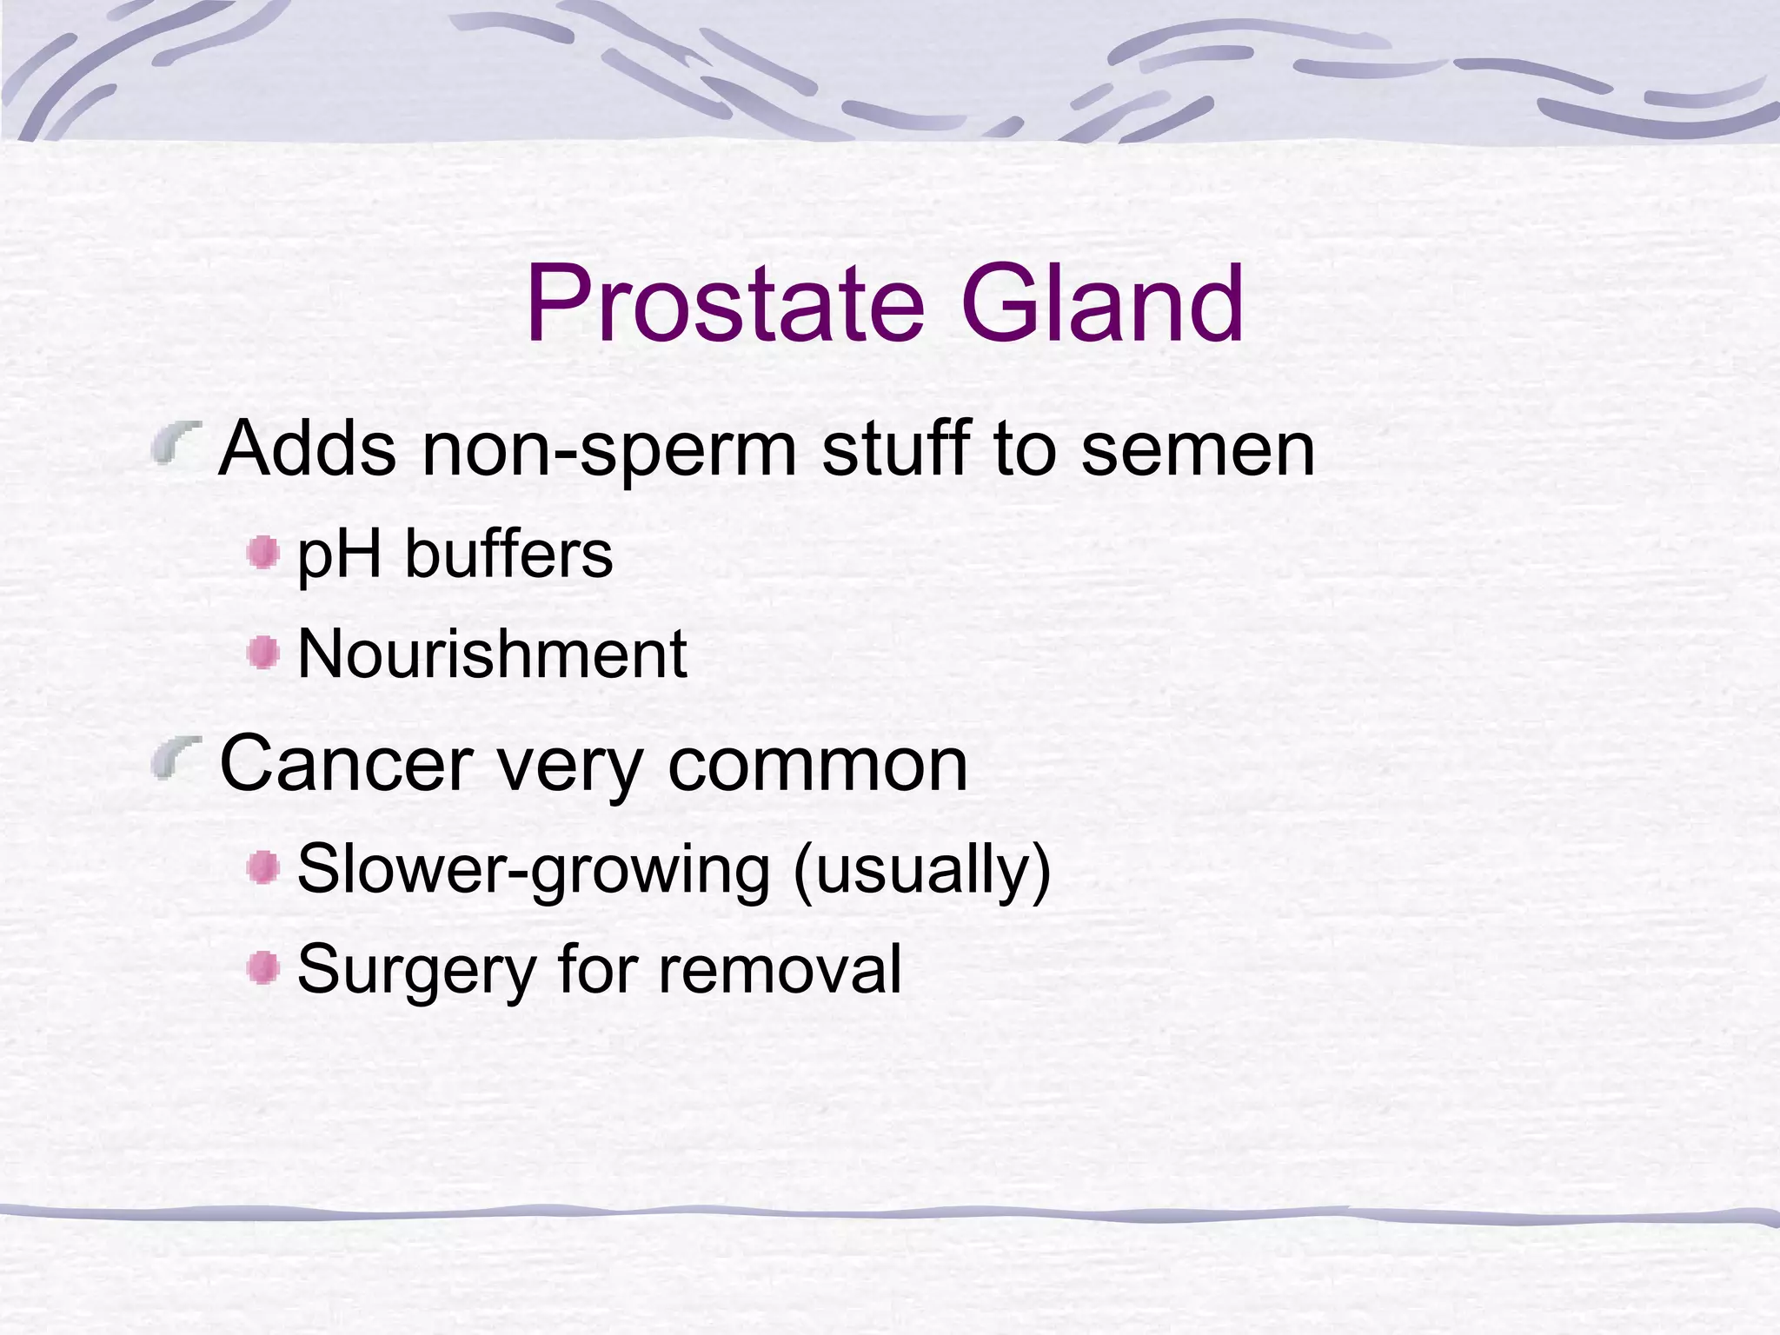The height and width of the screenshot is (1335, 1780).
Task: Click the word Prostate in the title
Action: [x=725, y=304]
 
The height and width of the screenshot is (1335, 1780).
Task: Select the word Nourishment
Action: [x=492, y=654]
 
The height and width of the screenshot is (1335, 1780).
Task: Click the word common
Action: [x=817, y=765]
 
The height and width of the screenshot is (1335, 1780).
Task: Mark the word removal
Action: [x=779, y=969]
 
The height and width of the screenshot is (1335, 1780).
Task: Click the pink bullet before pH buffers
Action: [x=262, y=554]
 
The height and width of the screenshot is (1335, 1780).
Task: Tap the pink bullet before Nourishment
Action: [x=262, y=653]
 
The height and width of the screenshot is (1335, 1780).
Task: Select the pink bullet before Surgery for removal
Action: [x=262, y=967]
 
